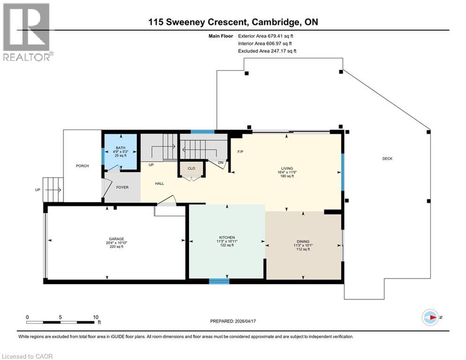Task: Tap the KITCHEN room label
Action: click(x=227, y=237)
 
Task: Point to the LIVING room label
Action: click(x=287, y=168)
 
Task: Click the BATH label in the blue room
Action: click(x=121, y=148)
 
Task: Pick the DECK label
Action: click(x=387, y=159)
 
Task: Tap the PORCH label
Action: click(x=82, y=166)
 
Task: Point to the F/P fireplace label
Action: click(x=240, y=152)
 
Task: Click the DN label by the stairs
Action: click(x=220, y=163)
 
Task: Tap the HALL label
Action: click(x=159, y=184)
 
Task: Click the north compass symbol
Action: click(x=430, y=317)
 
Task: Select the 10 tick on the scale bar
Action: click(x=95, y=317)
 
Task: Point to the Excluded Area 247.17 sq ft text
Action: click(x=267, y=51)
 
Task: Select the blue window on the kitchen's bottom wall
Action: click(x=219, y=281)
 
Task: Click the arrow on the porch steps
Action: click(x=54, y=189)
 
